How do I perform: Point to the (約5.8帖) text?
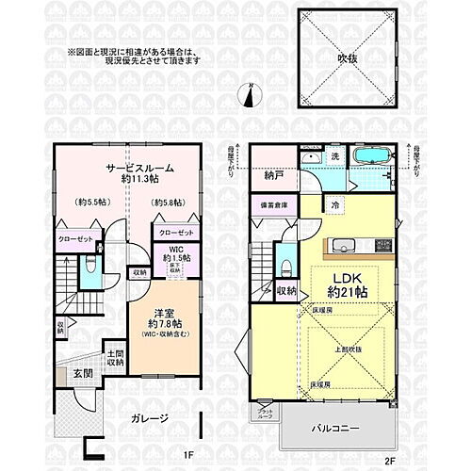[x=170, y=201]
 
